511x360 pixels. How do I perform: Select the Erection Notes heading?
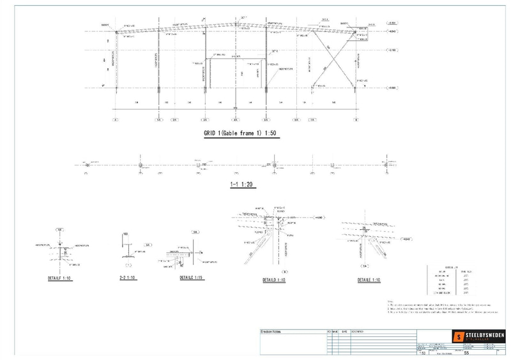(273, 332)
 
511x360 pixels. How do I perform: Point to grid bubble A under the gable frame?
(116, 119)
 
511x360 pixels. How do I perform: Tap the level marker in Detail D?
(317, 218)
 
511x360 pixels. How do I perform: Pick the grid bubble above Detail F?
(59, 229)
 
